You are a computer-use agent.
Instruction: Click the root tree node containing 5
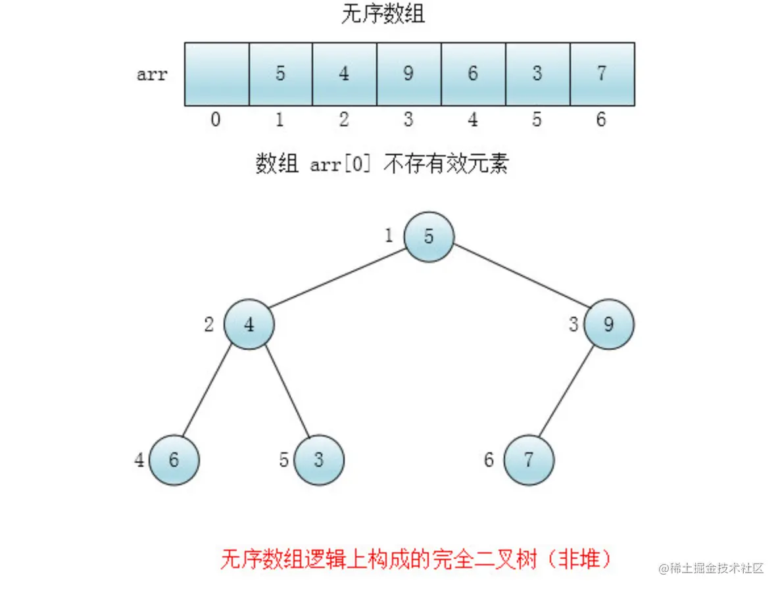tap(429, 237)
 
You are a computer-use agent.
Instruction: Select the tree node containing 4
tap(249, 325)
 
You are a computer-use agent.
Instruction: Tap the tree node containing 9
tap(609, 325)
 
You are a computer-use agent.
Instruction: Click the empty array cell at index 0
tap(216, 74)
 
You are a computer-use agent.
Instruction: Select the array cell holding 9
tap(408, 74)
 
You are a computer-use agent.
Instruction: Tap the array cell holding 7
tap(602, 74)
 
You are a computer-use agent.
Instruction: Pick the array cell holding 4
tap(345, 74)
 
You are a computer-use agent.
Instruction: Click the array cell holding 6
tap(473, 74)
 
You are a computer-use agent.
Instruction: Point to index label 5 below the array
tap(537, 120)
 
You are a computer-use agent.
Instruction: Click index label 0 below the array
tap(216, 120)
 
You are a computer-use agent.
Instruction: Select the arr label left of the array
tap(152, 74)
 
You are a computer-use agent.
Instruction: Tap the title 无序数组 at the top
tap(383, 14)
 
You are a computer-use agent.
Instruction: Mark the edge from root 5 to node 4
tap(337, 281)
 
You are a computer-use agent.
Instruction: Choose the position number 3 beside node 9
tap(574, 324)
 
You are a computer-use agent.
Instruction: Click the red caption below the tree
tap(416, 560)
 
